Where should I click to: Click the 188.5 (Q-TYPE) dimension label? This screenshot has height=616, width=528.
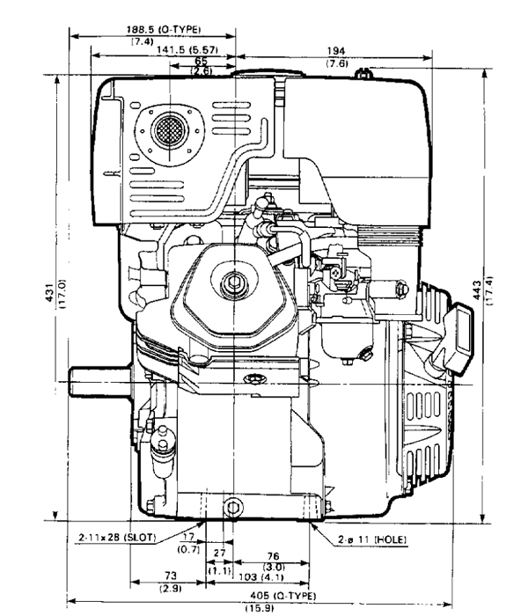click(x=164, y=29)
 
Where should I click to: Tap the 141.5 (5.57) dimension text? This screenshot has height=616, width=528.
click(x=187, y=50)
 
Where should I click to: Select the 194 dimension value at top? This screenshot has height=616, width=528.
click(x=336, y=51)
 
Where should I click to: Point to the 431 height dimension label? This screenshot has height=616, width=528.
click(x=50, y=293)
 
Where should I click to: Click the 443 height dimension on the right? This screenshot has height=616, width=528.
click(x=477, y=290)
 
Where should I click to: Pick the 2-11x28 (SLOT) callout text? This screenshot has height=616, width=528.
click(x=117, y=538)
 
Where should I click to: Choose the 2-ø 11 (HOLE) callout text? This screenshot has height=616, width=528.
click(x=372, y=539)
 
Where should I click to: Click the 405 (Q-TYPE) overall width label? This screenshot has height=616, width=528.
click(x=282, y=596)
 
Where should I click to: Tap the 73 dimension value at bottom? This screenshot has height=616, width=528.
click(x=171, y=576)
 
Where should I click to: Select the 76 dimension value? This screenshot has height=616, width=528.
click(x=273, y=556)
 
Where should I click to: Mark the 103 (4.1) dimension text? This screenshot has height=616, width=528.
click(x=261, y=577)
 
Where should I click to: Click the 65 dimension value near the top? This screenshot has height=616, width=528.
click(x=202, y=61)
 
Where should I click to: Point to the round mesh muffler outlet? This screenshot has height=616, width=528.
click(x=169, y=129)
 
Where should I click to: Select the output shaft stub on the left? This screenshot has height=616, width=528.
click(x=99, y=381)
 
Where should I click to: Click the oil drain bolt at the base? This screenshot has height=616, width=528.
click(x=232, y=508)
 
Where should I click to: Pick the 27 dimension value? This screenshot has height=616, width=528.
click(x=220, y=553)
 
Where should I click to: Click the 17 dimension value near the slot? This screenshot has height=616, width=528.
click(x=189, y=536)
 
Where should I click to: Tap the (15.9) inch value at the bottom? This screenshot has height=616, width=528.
click(x=260, y=608)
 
